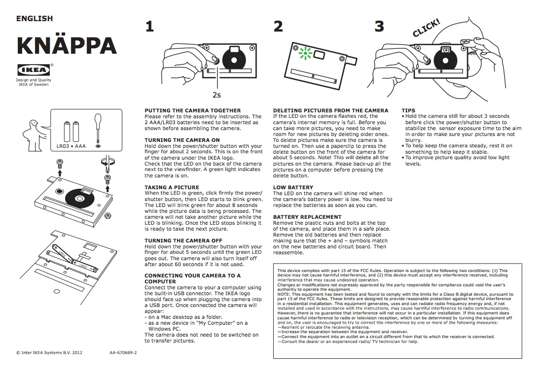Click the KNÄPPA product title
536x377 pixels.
(67, 45)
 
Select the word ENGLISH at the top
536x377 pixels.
(35, 19)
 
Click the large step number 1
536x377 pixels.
(149, 27)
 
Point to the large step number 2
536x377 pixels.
(279, 27)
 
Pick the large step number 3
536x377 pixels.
(379, 27)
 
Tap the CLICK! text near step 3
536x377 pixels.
(426, 28)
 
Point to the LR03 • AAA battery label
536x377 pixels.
(71, 146)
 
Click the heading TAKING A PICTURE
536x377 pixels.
(172, 187)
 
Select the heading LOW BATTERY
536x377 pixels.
(293, 187)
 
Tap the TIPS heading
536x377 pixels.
(408, 110)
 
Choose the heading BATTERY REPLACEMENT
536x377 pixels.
(307, 217)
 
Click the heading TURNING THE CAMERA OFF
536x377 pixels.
(183, 240)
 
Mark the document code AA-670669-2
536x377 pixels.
(123, 353)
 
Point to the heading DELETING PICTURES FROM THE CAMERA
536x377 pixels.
(330, 110)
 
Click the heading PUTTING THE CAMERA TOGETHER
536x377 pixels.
(192, 110)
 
